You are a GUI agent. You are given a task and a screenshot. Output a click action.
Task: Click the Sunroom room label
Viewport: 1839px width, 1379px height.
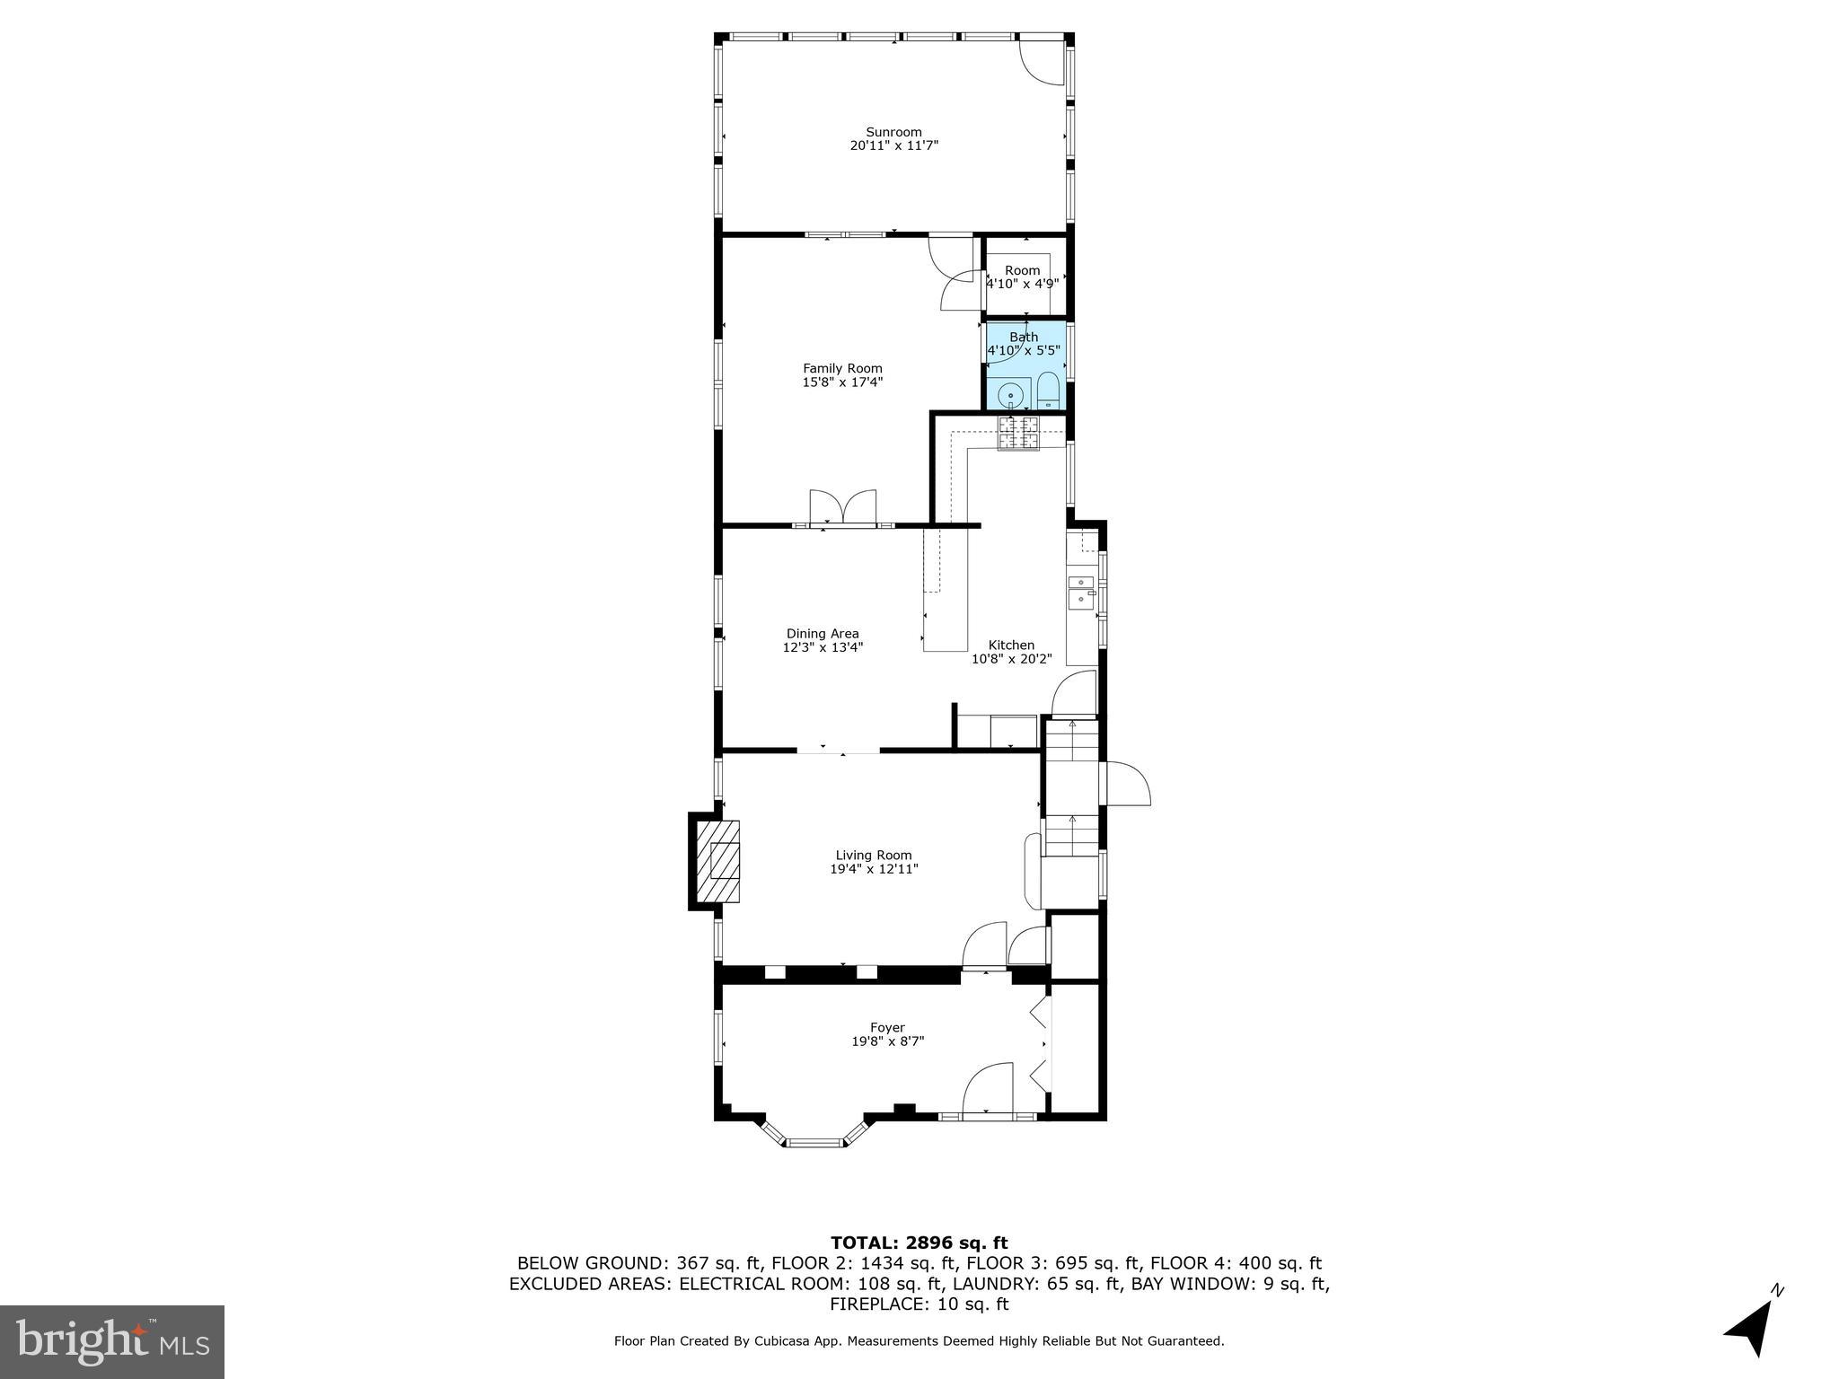coord(893,132)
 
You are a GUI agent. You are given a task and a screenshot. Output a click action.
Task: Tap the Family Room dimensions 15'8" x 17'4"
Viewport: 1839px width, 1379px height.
coord(842,382)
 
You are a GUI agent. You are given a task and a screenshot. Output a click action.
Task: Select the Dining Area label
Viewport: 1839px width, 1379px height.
coord(823,634)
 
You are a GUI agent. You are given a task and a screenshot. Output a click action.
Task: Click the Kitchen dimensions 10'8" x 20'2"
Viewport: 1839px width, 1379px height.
coord(1011,659)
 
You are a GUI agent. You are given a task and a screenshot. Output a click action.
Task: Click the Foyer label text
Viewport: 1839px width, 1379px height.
coord(887,1028)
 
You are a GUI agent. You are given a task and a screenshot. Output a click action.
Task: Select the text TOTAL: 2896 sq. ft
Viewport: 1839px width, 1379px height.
coord(919,1243)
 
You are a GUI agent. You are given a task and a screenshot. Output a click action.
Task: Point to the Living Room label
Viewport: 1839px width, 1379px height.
coord(873,856)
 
